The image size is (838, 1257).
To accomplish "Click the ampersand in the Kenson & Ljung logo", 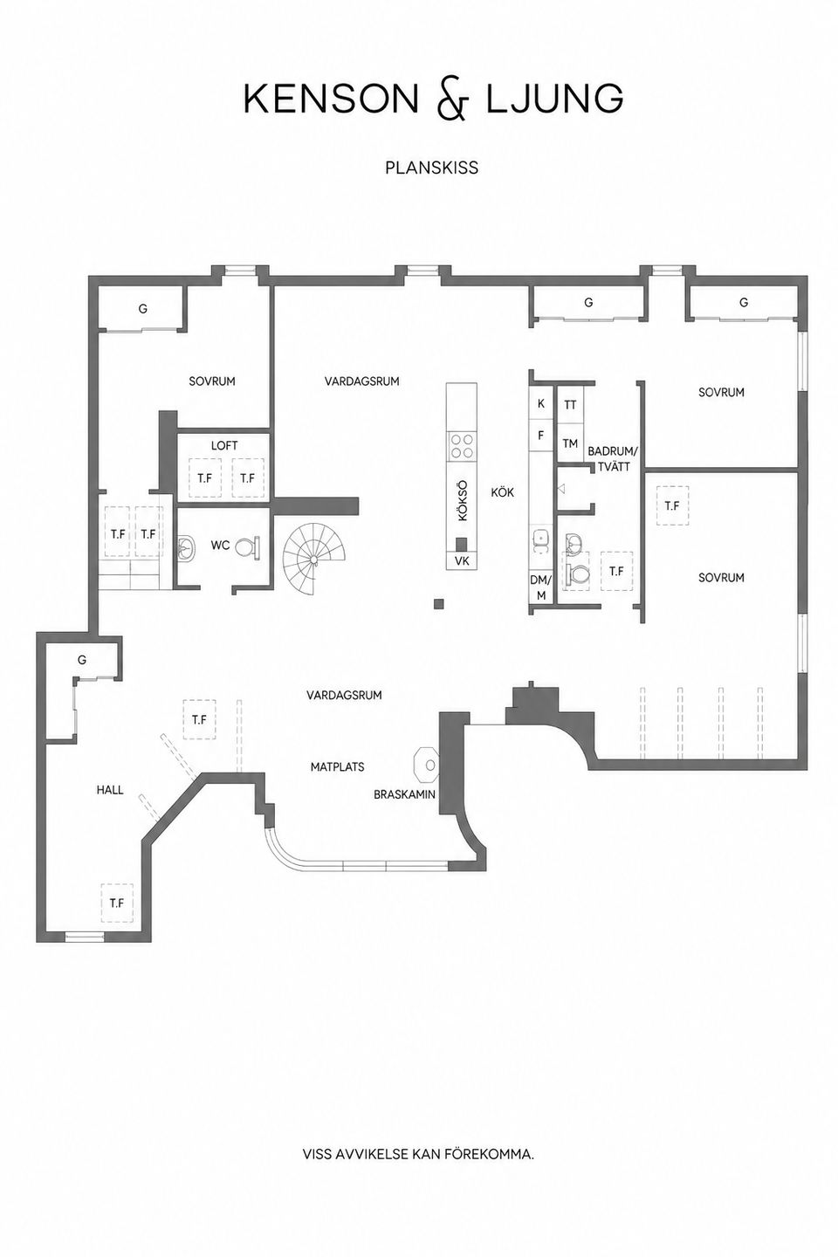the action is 452,101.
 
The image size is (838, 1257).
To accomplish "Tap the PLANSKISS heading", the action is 431,168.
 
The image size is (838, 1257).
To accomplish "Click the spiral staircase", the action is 307,559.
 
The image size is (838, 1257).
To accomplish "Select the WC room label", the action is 220,545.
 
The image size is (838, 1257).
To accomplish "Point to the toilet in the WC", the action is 248,547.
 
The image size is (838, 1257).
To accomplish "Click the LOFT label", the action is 224,445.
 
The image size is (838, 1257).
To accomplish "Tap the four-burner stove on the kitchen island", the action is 462,446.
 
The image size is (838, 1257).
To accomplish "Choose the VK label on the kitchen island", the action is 462,560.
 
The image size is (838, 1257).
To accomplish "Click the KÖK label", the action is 502,492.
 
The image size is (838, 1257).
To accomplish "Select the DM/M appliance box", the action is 541,587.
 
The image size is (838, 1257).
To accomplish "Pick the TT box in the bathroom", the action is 570,405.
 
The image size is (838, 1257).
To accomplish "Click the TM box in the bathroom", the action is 570,443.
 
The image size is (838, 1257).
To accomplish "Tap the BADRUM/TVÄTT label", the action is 613,458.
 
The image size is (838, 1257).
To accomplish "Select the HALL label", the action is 110,790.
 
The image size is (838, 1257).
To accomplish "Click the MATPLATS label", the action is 337,766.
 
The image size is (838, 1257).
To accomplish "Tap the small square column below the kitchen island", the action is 438,604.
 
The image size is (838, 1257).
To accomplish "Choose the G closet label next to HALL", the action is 82,660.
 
